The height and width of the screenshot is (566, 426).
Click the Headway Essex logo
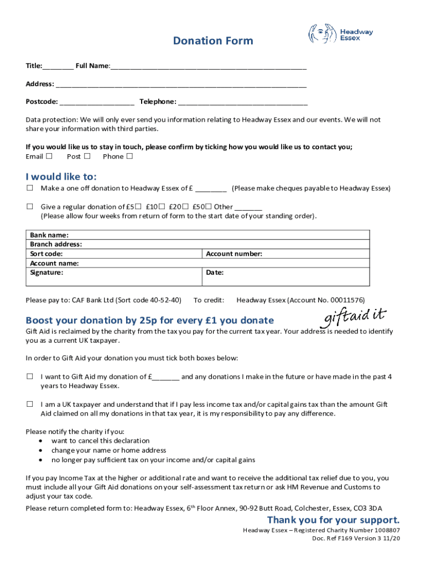pyautogui.click(x=341, y=34)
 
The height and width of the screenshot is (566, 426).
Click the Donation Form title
pyautogui.click(x=213, y=41)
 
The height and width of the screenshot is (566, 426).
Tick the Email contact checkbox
pyautogui.click(x=49, y=156)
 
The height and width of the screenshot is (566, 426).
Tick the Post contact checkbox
pyautogui.click(x=87, y=156)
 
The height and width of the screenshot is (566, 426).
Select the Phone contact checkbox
pyautogui.click(x=129, y=156)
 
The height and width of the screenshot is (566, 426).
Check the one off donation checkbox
pyautogui.click(x=30, y=188)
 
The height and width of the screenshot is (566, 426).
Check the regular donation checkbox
pyautogui.click(x=30, y=206)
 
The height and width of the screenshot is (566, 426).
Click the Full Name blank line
pyautogui.click(x=208, y=66)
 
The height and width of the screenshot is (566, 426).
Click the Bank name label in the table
pyautogui.click(x=49, y=235)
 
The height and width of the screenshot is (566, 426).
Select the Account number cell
pyautogui.click(x=286, y=254)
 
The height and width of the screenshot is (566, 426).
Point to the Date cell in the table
pyautogui.click(x=286, y=276)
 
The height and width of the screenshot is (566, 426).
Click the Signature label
pyautogui.click(x=46, y=272)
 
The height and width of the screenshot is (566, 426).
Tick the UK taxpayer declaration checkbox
pyautogui.click(x=30, y=404)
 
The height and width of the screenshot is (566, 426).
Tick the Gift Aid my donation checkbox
pyautogui.click(x=30, y=376)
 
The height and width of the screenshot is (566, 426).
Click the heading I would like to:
pyautogui.click(x=61, y=177)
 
